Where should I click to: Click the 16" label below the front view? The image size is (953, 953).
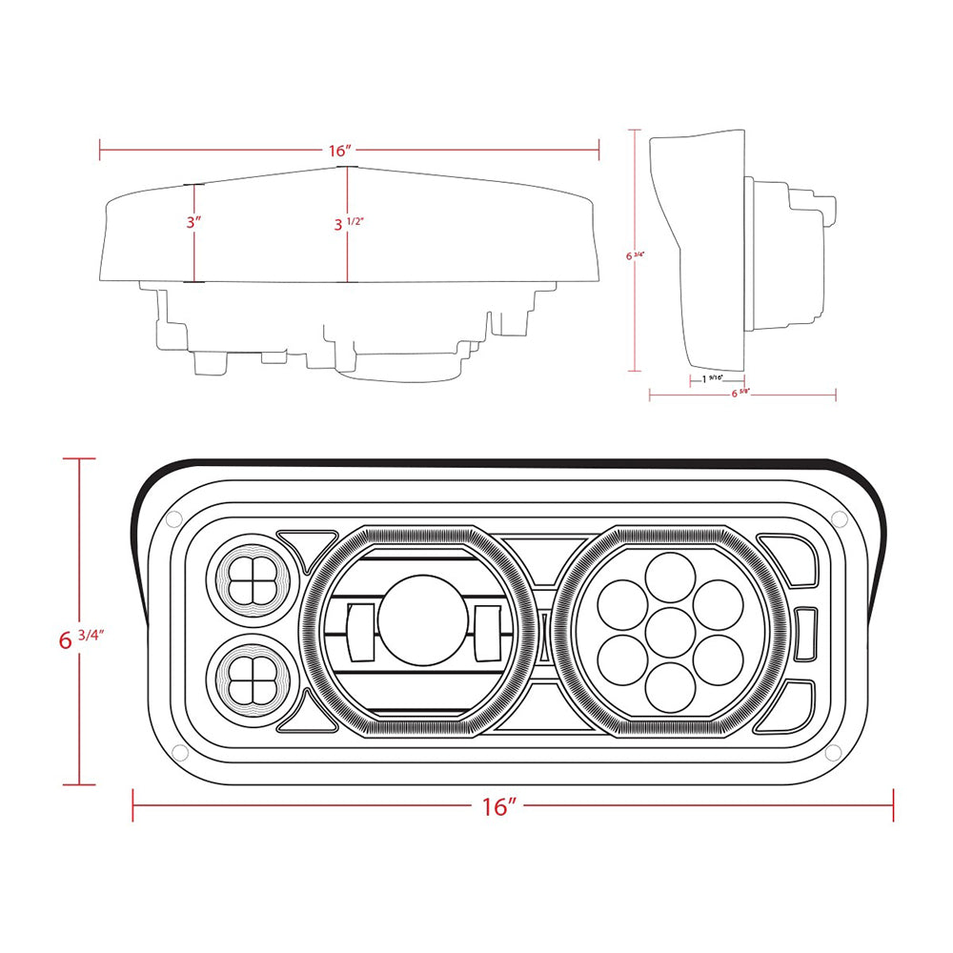pyautogui.click(x=498, y=806)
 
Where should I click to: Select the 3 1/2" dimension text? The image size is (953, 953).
pyautogui.click(x=350, y=224)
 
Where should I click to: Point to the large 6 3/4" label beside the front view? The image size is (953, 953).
pyautogui.click(x=80, y=639)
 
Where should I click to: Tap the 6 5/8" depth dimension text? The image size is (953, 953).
pyautogui.click(x=740, y=393)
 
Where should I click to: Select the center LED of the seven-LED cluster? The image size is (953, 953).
pyautogui.click(x=671, y=633)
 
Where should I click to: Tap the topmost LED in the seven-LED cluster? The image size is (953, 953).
pyautogui.click(x=671, y=577)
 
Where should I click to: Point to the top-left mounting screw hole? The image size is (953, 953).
pyautogui.click(x=172, y=519)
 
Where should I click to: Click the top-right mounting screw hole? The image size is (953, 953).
pyautogui.click(x=839, y=517)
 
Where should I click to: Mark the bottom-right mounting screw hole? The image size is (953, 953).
pyautogui.click(x=832, y=753)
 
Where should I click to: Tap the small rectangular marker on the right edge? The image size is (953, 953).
pyautogui.click(x=806, y=633)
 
